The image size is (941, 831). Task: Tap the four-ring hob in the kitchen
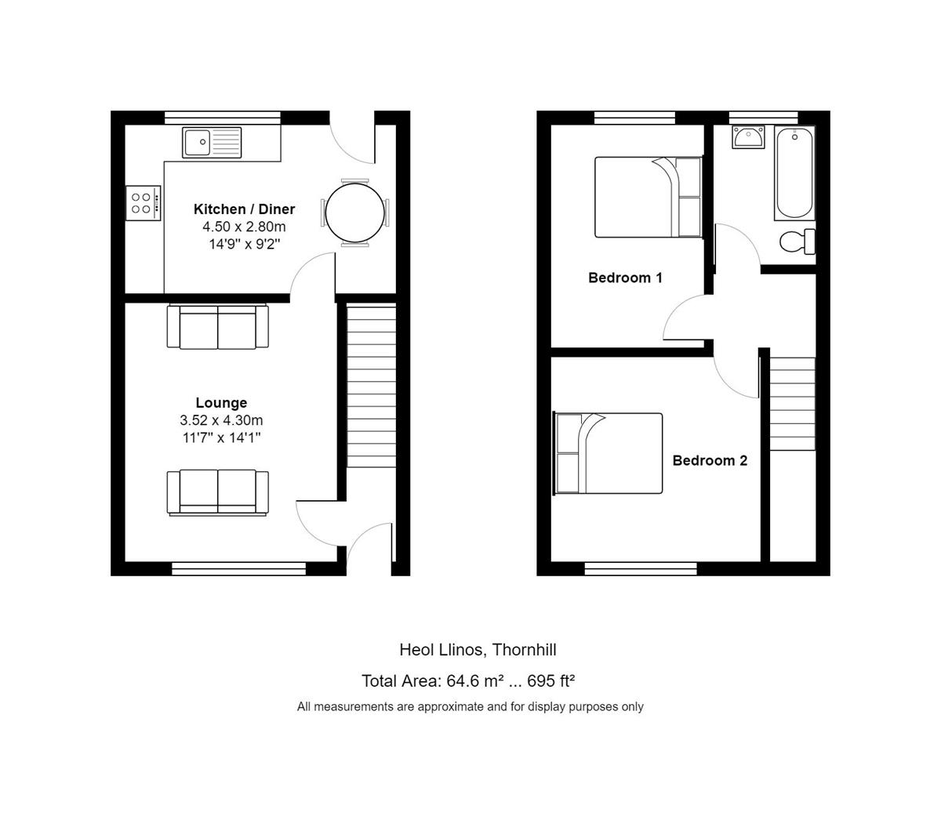143,203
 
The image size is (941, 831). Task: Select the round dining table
355,213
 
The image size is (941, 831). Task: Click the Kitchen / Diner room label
244,209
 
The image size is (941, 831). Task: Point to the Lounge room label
221,402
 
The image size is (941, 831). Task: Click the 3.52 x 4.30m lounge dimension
221,420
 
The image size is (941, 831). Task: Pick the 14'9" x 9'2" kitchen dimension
245,244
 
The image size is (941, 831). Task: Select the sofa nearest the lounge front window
217,492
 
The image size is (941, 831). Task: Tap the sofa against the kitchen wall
217,327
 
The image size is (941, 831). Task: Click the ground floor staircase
371,386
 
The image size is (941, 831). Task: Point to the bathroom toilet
797,241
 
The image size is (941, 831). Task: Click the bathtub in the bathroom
794,172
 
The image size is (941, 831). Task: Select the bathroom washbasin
748,137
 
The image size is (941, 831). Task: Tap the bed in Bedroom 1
648,198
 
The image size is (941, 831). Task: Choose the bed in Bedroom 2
608,453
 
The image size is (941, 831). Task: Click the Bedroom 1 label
625,278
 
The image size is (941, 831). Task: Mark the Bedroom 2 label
710,460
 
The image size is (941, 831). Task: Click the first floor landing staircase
792,404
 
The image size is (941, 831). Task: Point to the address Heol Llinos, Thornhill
478,649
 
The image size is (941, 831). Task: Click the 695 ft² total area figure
550,681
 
